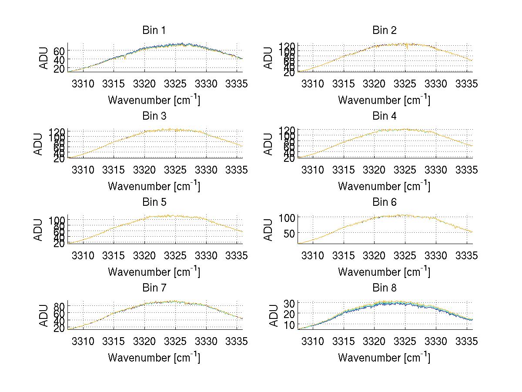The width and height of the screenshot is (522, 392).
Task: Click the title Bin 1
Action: click(154, 30)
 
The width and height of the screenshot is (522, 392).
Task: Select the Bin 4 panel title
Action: click(384, 116)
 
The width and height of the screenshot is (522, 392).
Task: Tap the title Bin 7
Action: click(154, 288)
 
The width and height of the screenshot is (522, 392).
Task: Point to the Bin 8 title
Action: click(384, 288)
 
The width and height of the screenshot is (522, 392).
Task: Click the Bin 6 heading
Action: click(384, 202)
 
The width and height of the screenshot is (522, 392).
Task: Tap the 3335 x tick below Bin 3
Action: click(237, 170)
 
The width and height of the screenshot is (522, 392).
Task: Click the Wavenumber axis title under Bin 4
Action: click(384, 186)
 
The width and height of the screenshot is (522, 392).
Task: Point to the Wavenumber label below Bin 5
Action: click(154, 271)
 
